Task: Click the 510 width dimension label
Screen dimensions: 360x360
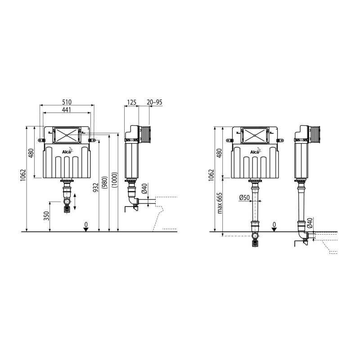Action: click(x=67, y=102)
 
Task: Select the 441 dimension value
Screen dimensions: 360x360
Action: click(x=66, y=109)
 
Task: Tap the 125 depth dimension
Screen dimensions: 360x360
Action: click(x=131, y=102)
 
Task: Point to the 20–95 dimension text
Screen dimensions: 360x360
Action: click(x=154, y=102)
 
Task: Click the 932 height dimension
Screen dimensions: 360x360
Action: click(x=96, y=187)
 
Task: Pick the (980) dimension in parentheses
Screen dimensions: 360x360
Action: click(x=105, y=183)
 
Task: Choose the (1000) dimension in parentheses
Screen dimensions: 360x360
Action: click(x=115, y=180)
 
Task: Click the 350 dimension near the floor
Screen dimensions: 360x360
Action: click(x=47, y=216)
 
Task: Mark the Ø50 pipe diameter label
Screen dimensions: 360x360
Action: click(x=244, y=197)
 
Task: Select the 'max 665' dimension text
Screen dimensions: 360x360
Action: click(x=220, y=203)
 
